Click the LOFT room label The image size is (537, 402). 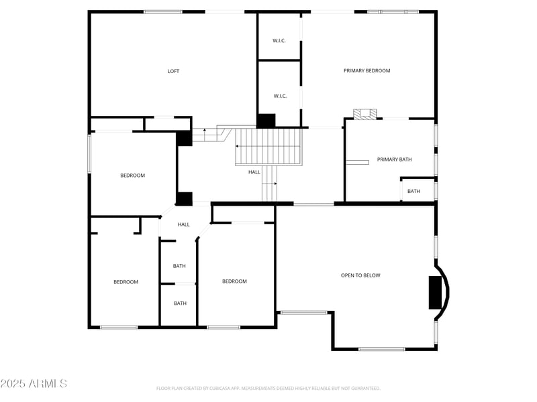pyautogui.click(x=173, y=71)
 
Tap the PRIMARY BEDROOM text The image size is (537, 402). pyautogui.click(x=367, y=70)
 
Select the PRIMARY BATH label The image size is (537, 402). pyautogui.click(x=394, y=159)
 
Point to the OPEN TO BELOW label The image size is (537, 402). pyautogui.click(x=360, y=275)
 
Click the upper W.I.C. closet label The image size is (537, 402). pyautogui.click(x=279, y=41)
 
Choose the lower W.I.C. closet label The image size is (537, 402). pyautogui.click(x=280, y=96)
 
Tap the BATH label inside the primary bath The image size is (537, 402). pyautogui.click(x=413, y=191)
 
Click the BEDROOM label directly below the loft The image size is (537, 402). pyautogui.click(x=132, y=176)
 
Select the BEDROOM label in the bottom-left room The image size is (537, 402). pyautogui.click(x=126, y=282)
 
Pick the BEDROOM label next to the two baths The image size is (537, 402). pyautogui.click(x=234, y=281)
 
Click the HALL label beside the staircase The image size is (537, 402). pyautogui.click(x=254, y=172)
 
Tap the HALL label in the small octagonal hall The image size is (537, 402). pyautogui.click(x=183, y=224)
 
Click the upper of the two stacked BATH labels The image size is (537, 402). pyautogui.click(x=179, y=266)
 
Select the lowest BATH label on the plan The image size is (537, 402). pyautogui.click(x=180, y=303)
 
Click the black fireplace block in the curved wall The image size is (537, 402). pyautogui.click(x=438, y=292)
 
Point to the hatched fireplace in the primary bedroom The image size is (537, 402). pyautogui.click(x=366, y=114)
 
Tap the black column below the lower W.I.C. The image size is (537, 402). pyautogui.click(x=266, y=121)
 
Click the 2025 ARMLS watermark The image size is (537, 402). pyautogui.click(x=34, y=384)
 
